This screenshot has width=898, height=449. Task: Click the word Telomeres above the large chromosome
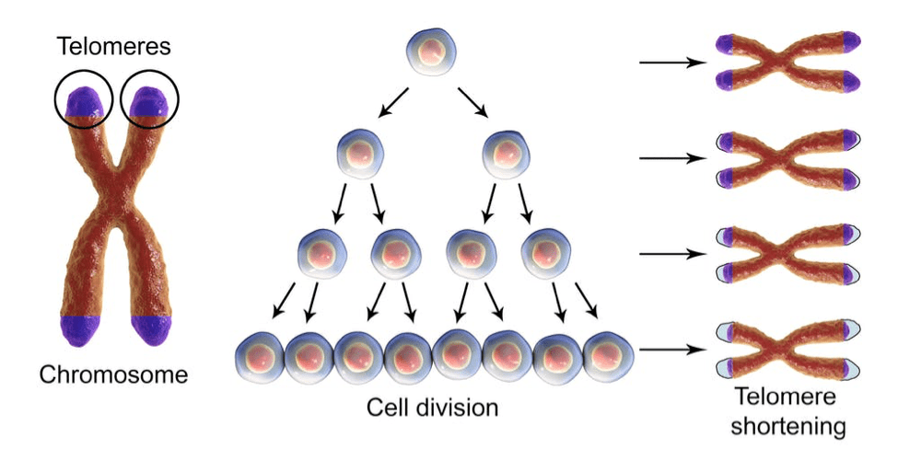[114, 46]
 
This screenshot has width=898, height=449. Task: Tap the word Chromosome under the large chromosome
[113, 374]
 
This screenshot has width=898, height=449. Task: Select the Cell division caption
[432, 408]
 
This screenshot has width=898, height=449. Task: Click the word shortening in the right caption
[788, 427]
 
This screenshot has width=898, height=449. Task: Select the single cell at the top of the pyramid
[432, 52]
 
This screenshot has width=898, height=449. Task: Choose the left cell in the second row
[360, 154]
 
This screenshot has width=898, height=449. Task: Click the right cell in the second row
[507, 154]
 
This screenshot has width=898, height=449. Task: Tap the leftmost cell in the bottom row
[260, 358]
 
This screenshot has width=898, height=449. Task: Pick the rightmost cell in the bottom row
[608, 358]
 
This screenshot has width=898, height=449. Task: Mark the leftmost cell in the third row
[322, 254]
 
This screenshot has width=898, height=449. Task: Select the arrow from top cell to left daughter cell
[393, 103]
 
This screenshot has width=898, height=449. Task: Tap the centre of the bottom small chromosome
[788, 350]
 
